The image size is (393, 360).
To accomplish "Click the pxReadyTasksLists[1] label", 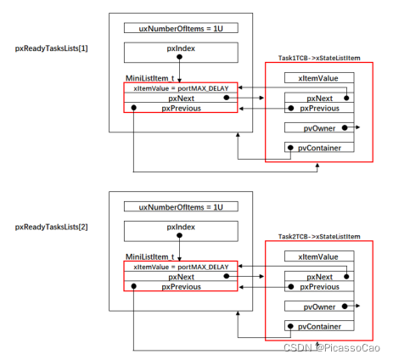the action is pyautogui.click(x=51, y=48).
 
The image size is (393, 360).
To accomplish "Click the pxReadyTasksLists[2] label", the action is pyautogui.click(x=51, y=227).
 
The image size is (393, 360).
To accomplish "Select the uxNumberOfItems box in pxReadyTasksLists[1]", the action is pyautogui.click(x=181, y=28).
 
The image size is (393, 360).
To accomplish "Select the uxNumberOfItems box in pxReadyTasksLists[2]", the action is pyautogui.click(x=181, y=207).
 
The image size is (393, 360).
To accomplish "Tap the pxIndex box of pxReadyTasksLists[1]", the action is pyautogui.click(x=181, y=53).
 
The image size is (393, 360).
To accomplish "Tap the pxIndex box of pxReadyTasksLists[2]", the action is pyautogui.click(x=181, y=231).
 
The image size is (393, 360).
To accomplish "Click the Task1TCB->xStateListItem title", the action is pyautogui.click(x=319, y=58).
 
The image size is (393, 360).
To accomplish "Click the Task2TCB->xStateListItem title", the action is pyautogui.click(x=319, y=237).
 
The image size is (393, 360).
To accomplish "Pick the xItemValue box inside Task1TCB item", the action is pyautogui.click(x=319, y=78).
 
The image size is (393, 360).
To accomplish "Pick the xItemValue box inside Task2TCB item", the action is pyautogui.click(x=319, y=256).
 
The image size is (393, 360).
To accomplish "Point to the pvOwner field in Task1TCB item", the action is pyautogui.click(x=319, y=127).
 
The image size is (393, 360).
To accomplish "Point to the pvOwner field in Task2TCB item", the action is pyautogui.click(x=319, y=307).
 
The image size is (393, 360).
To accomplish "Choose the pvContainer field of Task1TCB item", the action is pyautogui.click(x=319, y=147).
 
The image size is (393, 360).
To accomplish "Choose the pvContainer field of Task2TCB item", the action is pyautogui.click(x=319, y=326).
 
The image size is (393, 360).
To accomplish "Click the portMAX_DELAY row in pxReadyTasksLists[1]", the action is pyautogui.click(x=181, y=88).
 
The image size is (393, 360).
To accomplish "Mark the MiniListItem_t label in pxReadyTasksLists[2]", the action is pyautogui.click(x=149, y=256).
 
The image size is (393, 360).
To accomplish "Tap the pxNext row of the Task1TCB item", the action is pyautogui.click(x=319, y=98).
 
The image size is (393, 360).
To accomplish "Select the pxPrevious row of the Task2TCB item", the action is pyautogui.click(x=319, y=287).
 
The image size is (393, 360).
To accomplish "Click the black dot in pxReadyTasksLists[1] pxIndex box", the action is pyautogui.click(x=179, y=57).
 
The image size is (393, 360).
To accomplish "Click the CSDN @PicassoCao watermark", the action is pyautogui.click(x=332, y=348).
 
